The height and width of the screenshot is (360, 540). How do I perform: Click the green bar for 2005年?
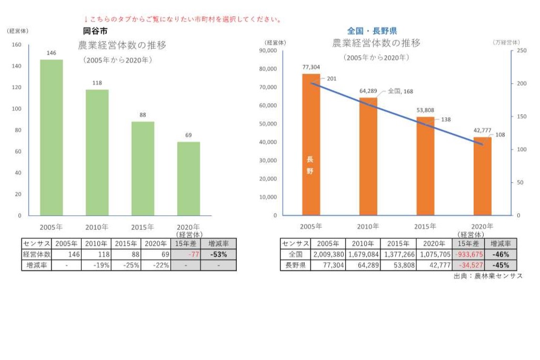(52, 137)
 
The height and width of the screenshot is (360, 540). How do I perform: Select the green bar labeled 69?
(188, 178)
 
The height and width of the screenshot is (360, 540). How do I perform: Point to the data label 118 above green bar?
(97, 83)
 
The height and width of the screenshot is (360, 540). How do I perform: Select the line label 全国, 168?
(401, 92)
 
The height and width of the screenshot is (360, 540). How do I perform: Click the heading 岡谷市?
(95, 32)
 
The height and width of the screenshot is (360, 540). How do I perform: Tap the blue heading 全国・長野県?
(372, 32)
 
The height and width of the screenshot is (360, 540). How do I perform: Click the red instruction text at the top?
(182, 19)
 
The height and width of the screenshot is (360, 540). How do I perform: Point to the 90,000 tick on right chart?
(268, 51)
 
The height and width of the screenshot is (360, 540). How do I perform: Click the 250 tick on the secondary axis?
(522, 51)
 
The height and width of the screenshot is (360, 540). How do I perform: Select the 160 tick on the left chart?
(16, 45)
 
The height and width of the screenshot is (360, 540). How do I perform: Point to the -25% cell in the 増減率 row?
(127, 265)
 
